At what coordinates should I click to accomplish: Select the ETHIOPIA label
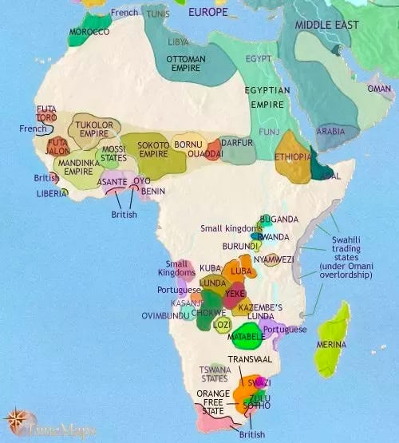coord(293,157)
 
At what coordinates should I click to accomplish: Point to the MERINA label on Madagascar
coord(331,344)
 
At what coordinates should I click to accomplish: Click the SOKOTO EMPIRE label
coord(153,149)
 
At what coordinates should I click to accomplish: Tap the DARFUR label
coord(237,143)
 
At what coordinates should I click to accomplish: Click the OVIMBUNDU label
coord(167,315)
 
